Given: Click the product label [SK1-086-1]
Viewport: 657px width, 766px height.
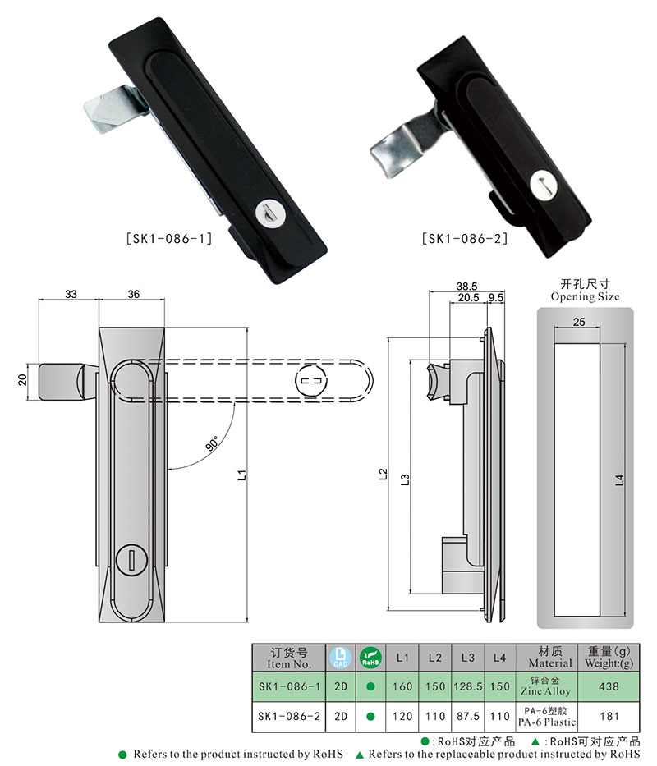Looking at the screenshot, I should click(169, 239).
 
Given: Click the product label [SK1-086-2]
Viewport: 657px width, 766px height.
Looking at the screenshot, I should click(464, 239).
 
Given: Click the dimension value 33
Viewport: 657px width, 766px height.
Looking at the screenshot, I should click(70, 294).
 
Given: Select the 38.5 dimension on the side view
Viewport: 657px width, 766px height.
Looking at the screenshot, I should click(466, 287).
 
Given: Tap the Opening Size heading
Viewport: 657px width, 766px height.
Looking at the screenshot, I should click(585, 291).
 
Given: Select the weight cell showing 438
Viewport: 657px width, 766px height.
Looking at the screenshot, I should click(609, 686).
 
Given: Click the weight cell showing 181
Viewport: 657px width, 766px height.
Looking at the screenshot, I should click(609, 716).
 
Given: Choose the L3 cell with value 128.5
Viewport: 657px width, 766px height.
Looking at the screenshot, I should click(467, 686).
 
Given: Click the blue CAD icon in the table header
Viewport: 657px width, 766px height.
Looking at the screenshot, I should click(340, 657).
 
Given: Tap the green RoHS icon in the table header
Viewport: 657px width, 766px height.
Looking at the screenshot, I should click(371, 657).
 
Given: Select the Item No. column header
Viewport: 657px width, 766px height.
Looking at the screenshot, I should click(289, 658).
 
